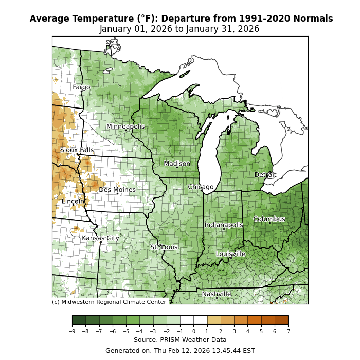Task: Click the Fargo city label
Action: pos(81,87)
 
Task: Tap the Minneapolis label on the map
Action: pos(125,127)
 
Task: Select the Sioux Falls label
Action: pos(77,150)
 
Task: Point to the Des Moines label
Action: pos(117,190)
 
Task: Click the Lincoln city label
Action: pos(73,201)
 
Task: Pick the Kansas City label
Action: pos(100,238)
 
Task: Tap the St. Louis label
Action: pos(164,247)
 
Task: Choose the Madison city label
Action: pos(177,164)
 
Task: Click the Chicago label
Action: pos(201,187)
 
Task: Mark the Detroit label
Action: pos(265,175)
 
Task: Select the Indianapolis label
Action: pos(224,225)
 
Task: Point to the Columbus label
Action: pos(269,219)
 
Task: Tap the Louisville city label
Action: pos(230,254)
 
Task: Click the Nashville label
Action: pos(217,294)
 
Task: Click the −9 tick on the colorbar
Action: pos(71,331)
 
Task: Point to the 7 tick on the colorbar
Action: pos(288,331)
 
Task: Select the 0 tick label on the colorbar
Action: pos(194,331)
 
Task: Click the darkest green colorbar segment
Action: pos(79,320)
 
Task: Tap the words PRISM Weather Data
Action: pos(199,340)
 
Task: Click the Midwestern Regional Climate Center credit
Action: pos(109,302)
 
